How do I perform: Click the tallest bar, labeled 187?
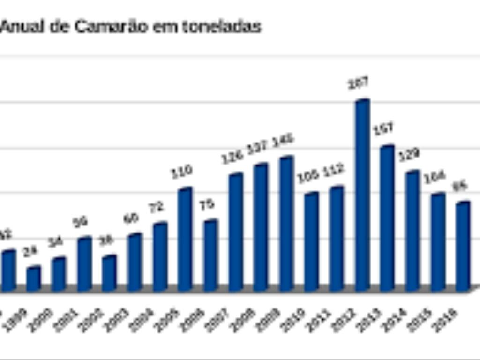(362, 197)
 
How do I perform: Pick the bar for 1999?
(33, 279)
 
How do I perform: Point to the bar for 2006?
(210, 256)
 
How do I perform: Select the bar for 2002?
(109, 274)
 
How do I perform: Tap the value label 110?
(181, 171)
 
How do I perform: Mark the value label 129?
(409, 155)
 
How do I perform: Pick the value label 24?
(30, 251)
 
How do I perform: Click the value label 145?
(283, 140)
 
